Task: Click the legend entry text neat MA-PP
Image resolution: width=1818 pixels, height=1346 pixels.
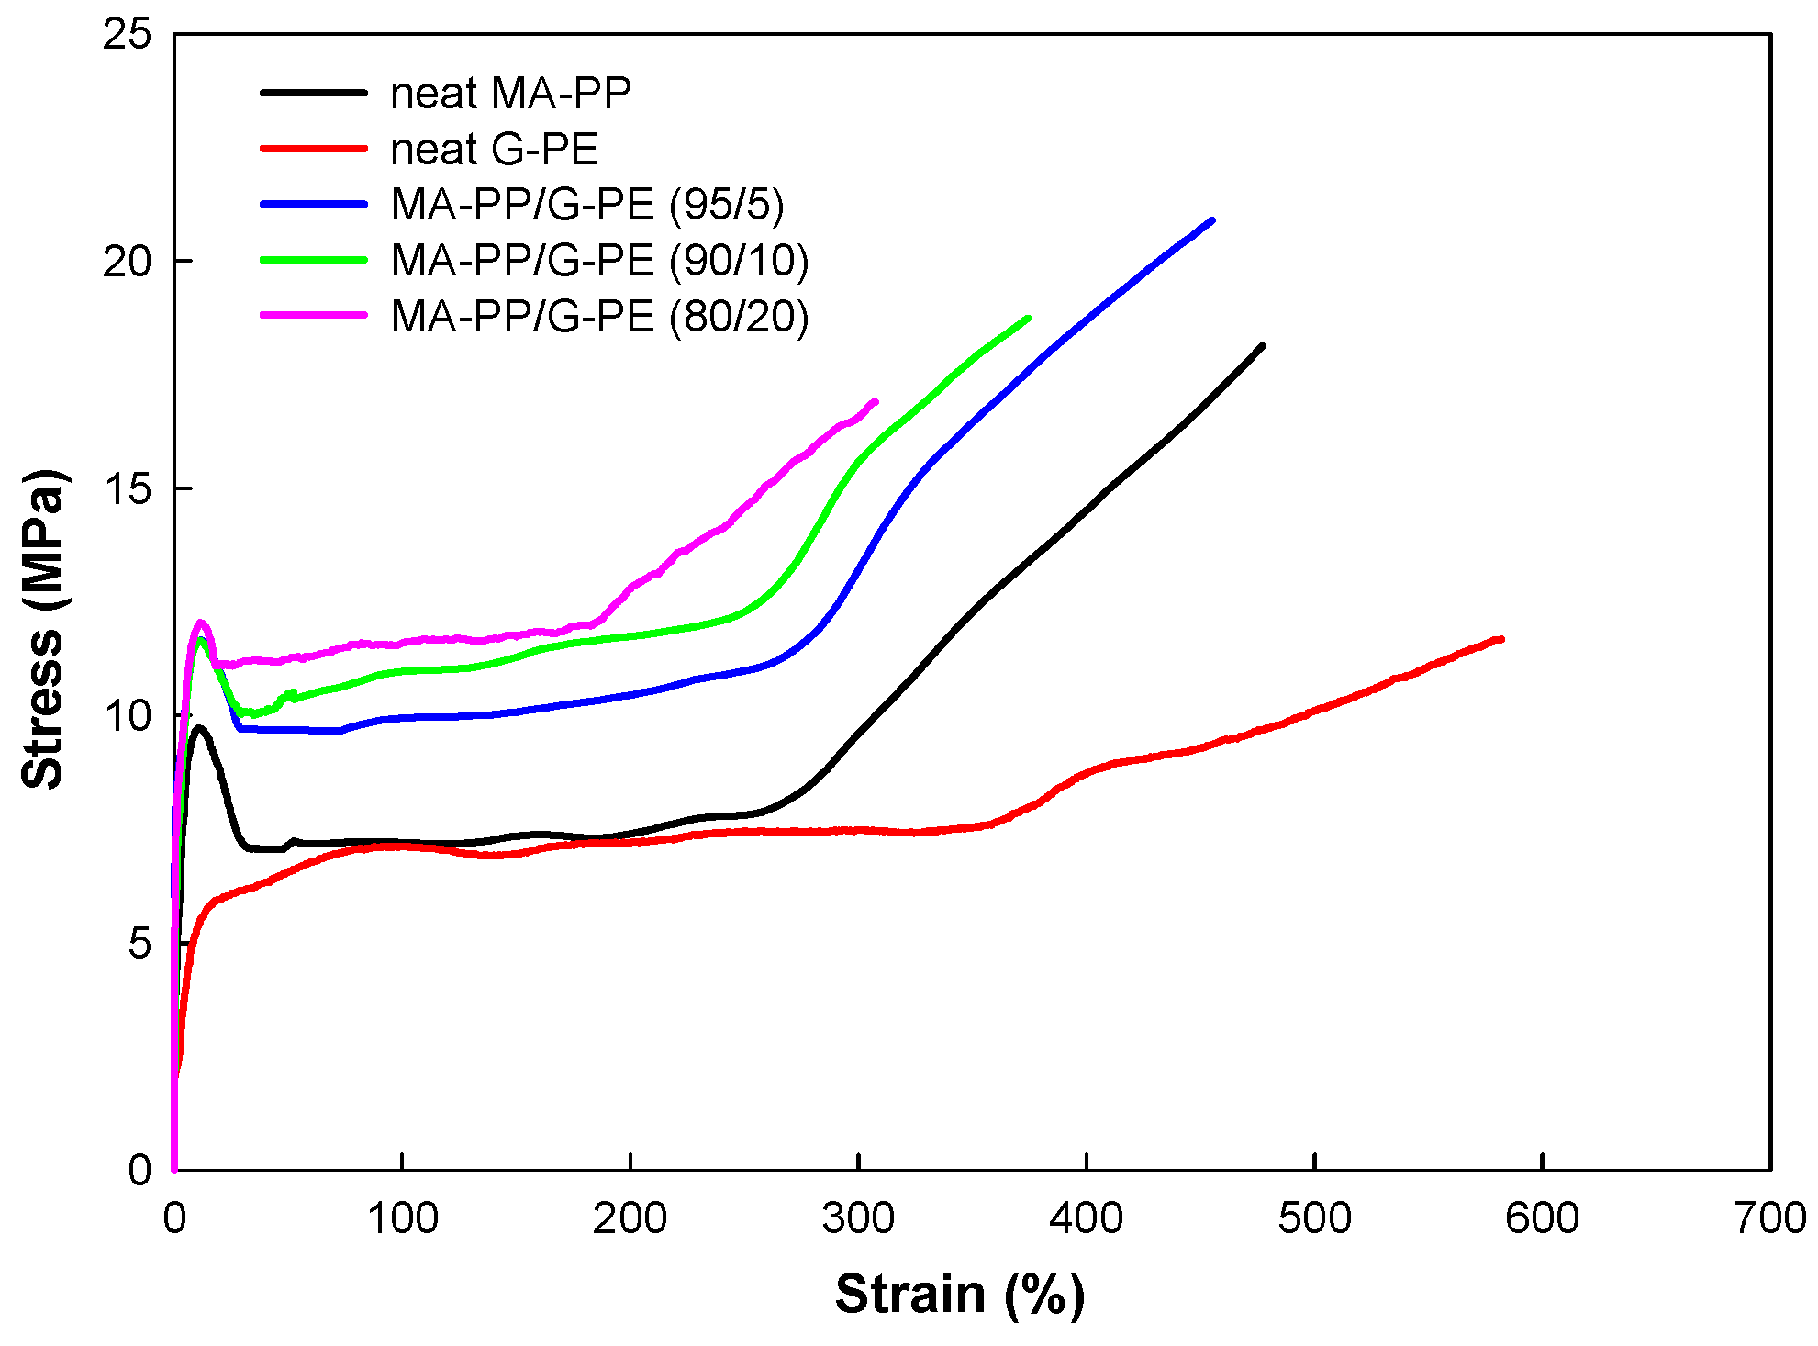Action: click(510, 94)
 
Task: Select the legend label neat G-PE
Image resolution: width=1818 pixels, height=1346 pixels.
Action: click(494, 150)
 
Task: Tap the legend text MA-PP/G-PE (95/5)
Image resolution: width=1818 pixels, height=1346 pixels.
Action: click(587, 205)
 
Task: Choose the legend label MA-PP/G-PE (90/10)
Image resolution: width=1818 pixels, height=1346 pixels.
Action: click(599, 261)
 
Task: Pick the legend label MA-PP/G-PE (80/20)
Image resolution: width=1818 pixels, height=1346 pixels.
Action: click(599, 317)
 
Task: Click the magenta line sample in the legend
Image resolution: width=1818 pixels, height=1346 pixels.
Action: click(314, 315)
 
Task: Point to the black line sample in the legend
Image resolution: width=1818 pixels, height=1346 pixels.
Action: click(314, 93)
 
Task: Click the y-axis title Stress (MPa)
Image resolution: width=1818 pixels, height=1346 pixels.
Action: click(43, 629)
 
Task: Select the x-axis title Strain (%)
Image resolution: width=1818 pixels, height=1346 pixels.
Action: click(960, 1295)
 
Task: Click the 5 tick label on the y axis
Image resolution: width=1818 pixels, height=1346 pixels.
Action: click(139, 943)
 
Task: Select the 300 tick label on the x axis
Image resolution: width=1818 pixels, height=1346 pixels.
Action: click(857, 1219)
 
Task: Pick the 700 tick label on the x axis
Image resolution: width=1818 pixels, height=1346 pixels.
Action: click(1769, 1219)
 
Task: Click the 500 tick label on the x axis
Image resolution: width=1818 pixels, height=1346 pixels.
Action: click(1314, 1219)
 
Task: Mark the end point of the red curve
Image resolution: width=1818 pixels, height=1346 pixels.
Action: click(1501, 639)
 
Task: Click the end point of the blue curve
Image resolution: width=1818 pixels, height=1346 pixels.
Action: click(1212, 220)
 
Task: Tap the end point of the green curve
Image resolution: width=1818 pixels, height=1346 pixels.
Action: click(1028, 319)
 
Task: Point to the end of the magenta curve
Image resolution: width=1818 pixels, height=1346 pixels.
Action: click(876, 401)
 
